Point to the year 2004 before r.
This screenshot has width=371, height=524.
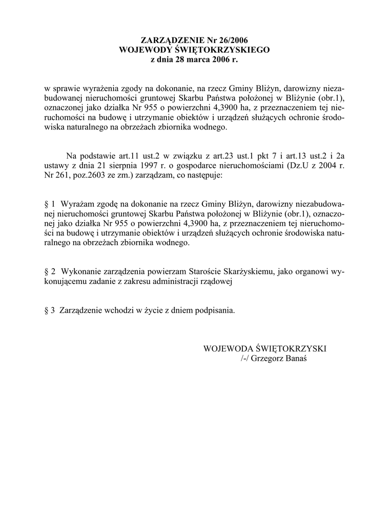coord(321,165)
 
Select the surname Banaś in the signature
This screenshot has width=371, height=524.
coord(294,359)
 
